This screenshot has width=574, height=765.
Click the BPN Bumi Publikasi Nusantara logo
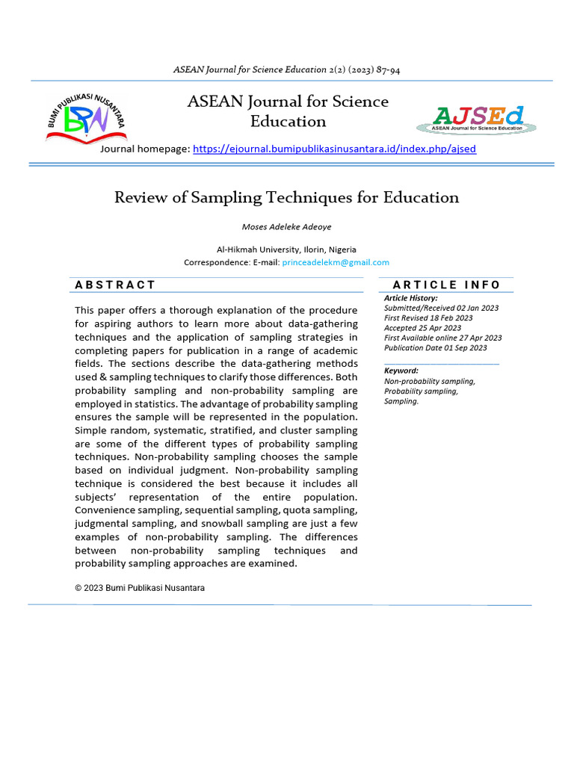pos(86,118)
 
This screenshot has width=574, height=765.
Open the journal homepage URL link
pos(334,149)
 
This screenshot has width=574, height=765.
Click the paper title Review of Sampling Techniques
pos(286,197)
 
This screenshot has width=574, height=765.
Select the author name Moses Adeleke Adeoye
pos(287,226)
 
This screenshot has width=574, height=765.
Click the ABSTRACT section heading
pos(116,285)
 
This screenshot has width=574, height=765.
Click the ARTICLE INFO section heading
pos(446,285)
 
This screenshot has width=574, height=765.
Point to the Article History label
pos(411,298)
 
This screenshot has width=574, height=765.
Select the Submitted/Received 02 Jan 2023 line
pos(441,308)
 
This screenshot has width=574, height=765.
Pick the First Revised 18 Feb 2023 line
pos(428,318)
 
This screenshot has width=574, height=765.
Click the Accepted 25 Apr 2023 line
pos(422,327)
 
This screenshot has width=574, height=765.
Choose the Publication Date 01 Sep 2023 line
pos(435,347)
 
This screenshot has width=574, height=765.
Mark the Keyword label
pos(401,371)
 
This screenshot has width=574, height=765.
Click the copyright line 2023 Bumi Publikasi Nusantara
pos(140,588)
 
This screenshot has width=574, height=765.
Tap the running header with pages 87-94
pos(287,69)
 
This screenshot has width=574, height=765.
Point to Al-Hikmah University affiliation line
pos(286,250)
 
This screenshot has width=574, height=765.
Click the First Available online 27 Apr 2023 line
pos(442,338)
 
